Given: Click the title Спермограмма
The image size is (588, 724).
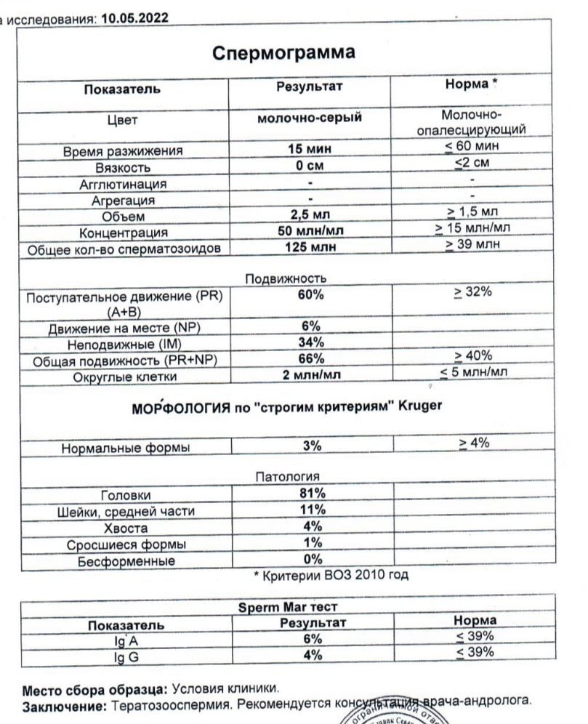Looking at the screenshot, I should tap(283, 53).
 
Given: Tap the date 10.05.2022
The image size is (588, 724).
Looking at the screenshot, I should tap(136, 17).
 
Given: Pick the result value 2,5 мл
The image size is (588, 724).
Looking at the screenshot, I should tap(310, 214).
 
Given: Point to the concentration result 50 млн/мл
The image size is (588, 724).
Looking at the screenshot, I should tap(310, 231).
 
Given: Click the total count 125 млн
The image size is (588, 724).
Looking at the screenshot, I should tap(310, 248).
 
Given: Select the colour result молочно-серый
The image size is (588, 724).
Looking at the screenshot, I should tap(310, 117).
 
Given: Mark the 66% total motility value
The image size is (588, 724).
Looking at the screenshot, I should tap(310, 359).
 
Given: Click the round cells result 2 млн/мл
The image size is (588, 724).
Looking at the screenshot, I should tap(310, 376).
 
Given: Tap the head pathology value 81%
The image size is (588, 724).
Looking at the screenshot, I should tap(312, 494).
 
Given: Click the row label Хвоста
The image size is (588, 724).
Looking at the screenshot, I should tap(126, 528).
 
